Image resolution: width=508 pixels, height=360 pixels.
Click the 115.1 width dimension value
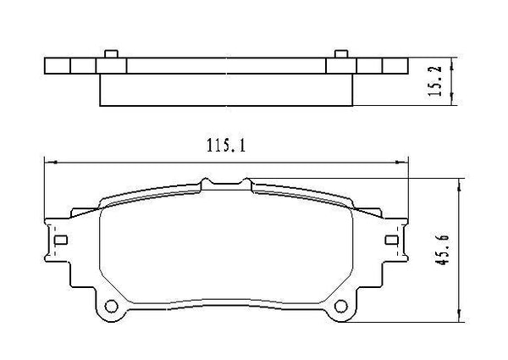(226, 147)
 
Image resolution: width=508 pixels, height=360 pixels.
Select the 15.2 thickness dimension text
(438, 82)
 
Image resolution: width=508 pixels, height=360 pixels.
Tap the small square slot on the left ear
(59, 240)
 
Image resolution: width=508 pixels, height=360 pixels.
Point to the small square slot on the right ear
(389, 240)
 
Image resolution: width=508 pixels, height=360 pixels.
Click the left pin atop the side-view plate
(110, 56)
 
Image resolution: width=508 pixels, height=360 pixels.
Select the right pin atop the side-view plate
(340, 56)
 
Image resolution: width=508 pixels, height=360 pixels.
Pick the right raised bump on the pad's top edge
(246, 181)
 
